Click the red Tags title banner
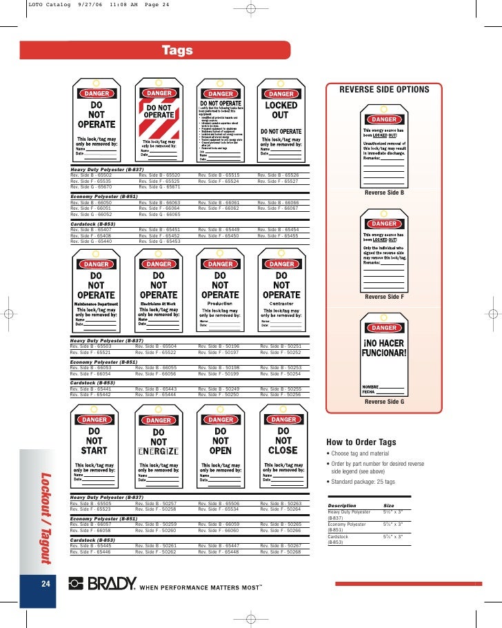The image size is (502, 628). point(178,50)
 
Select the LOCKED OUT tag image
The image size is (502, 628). point(281,122)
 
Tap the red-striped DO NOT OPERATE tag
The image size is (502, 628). point(159,122)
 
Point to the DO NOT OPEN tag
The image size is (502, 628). point(220,448)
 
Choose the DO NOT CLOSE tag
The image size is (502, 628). point(283,448)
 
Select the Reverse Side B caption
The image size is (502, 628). point(384,193)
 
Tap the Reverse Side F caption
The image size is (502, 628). point(384,297)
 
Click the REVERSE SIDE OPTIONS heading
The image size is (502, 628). point(384,90)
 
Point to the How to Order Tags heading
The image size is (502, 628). point(360,442)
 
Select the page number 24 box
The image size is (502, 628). point(45,585)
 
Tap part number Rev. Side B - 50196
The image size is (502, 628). point(219,346)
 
